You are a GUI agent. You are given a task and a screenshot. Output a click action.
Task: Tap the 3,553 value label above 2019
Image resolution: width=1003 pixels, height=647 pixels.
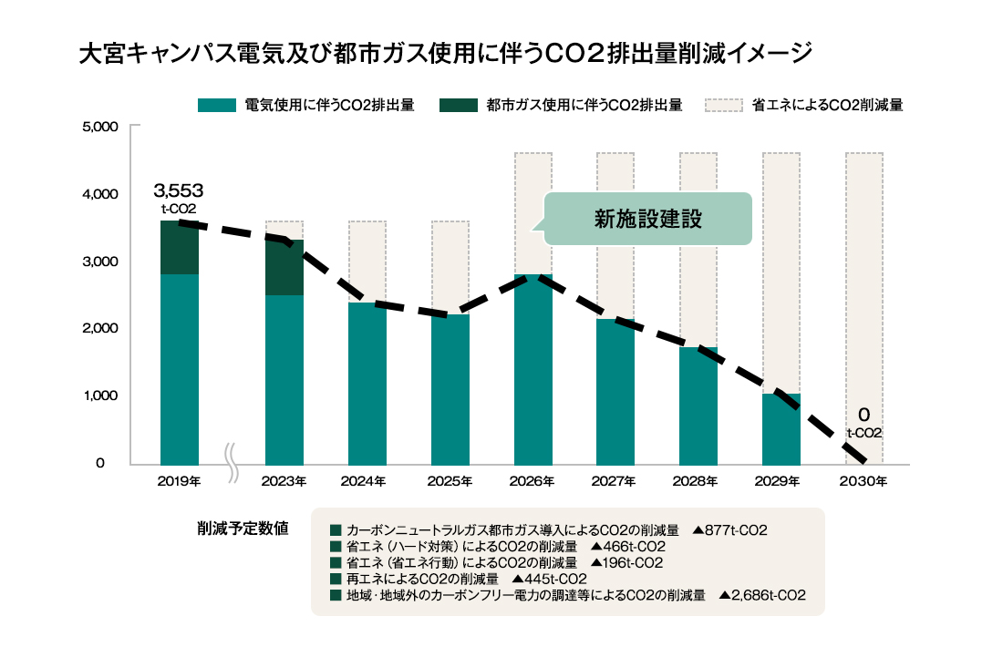[x=179, y=191]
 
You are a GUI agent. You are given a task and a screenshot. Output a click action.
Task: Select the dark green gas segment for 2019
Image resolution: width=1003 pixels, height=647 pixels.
[x=179, y=247]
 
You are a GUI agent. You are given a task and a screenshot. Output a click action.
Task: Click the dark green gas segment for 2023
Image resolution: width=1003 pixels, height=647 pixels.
[x=284, y=267]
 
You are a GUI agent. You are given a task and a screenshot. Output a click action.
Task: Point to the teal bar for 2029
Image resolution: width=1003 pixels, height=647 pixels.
[x=781, y=429]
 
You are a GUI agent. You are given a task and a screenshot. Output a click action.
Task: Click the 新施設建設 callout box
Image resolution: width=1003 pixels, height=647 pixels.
[x=648, y=219]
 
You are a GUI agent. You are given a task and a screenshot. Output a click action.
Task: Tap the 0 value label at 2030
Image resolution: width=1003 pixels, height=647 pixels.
[x=863, y=415]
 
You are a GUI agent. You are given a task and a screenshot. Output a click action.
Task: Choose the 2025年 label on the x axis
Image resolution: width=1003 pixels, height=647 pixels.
[x=450, y=481]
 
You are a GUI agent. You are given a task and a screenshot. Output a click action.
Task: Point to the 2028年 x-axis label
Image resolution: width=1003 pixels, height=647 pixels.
[x=698, y=481]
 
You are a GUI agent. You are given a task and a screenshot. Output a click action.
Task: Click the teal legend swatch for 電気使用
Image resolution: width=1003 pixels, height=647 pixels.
[x=217, y=105]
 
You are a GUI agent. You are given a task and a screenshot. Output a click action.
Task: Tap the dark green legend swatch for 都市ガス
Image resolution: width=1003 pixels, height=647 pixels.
[x=459, y=105]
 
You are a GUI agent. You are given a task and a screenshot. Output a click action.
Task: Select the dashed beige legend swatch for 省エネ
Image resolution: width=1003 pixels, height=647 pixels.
[x=724, y=105]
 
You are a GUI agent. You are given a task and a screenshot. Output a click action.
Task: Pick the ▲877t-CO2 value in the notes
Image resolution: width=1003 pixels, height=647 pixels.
[x=729, y=529]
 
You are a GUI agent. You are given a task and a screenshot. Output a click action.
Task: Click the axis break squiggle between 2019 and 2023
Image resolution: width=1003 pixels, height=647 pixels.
[x=232, y=461]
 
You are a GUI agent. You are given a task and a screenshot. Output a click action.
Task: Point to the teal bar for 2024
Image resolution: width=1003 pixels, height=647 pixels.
[x=367, y=383]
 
